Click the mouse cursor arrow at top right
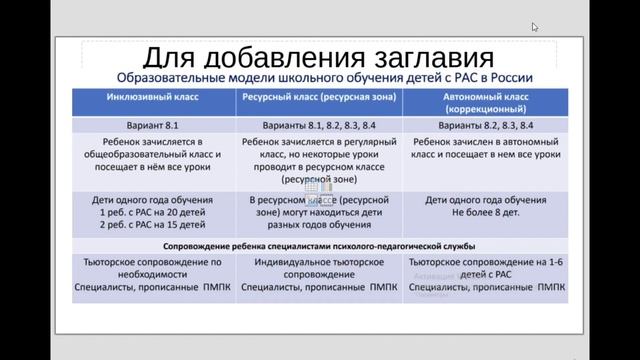click(535, 27)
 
